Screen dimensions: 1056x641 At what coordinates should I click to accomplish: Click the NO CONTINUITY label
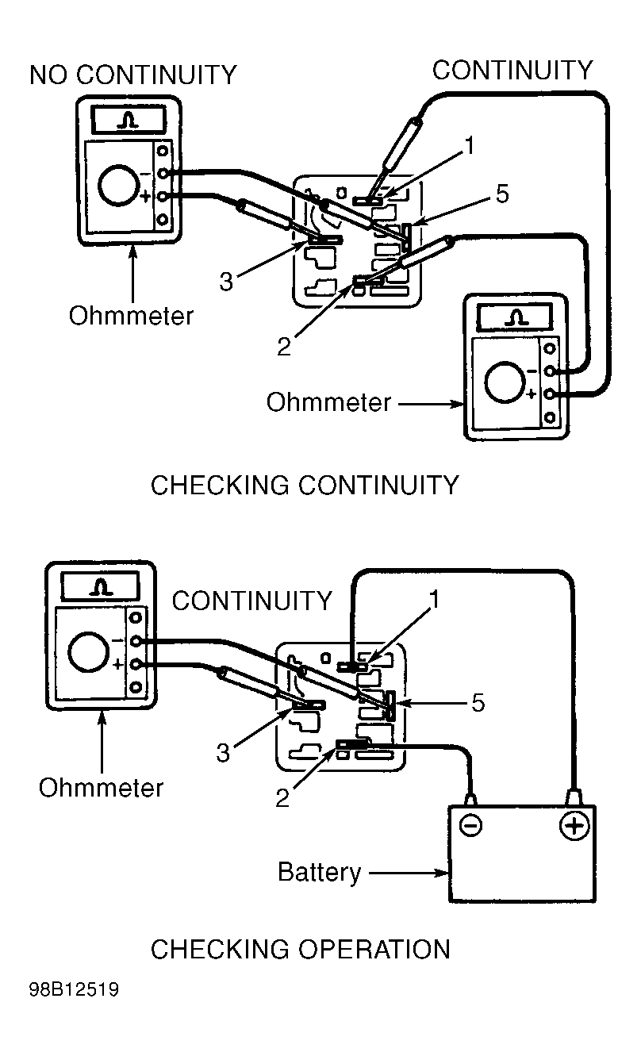coord(133,75)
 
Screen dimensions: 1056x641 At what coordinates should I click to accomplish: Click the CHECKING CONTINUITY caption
coord(305,485)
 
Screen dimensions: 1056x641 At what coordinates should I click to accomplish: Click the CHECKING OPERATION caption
coord(300,949)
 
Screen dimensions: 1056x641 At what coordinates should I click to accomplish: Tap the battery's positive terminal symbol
coord(574,826)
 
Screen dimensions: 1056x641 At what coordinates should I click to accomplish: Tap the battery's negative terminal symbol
coord(470,826)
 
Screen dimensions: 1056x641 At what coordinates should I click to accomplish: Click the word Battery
coord(319,873)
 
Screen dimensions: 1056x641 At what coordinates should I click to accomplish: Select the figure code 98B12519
coord(74,990)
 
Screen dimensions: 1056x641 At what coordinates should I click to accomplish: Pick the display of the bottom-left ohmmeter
coord(99,586)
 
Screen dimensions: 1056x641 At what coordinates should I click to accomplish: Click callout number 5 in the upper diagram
coord(502,194)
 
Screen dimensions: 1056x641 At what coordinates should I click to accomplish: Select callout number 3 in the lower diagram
coord(224,752)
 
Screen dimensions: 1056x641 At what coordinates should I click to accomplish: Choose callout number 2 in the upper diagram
coord(284,347)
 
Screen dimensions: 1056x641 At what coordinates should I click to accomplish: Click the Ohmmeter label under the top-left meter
coord(131,316)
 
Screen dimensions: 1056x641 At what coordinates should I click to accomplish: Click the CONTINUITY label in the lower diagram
coord(251,601)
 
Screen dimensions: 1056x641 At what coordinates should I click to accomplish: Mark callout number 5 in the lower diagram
coord(478,703)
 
